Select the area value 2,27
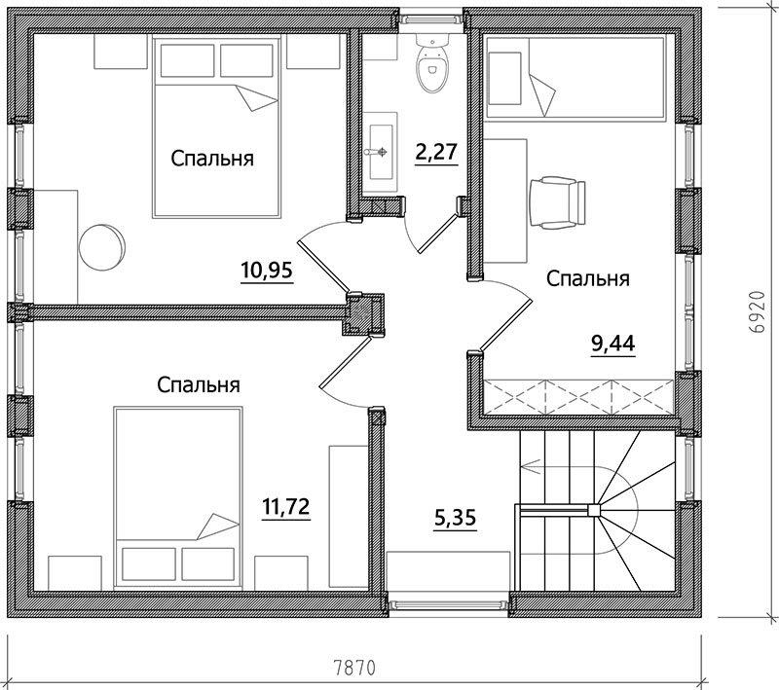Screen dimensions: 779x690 435,152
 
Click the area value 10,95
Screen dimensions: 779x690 267,271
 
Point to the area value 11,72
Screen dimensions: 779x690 285,507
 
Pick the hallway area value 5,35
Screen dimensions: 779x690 455,519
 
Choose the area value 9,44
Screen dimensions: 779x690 613,343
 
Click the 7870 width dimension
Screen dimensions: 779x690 353,668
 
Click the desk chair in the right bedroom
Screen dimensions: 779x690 557,202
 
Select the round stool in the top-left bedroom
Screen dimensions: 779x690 102,247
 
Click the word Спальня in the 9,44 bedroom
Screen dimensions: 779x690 588,278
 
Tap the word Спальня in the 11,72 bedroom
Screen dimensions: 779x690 199,384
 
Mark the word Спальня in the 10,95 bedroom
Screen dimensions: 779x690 212,159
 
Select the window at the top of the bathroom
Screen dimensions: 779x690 432,18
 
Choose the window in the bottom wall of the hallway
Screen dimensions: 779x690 449,604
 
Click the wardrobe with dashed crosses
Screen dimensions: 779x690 578,397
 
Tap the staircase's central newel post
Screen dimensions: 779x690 594,509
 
